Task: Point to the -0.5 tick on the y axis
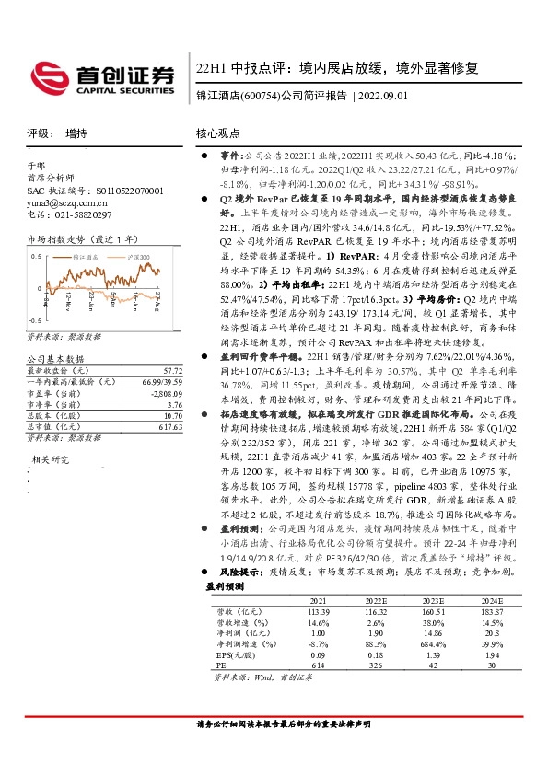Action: pos(34,318)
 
